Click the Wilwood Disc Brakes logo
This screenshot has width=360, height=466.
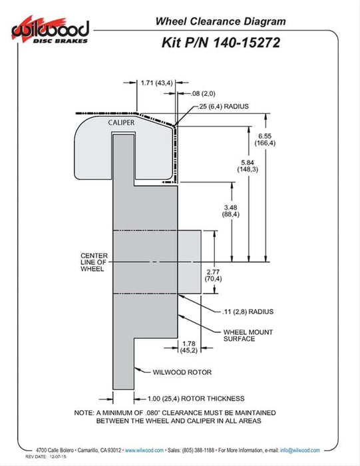[51, 31]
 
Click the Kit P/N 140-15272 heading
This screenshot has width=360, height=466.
[221, 43]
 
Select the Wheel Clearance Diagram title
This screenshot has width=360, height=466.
[221, 21]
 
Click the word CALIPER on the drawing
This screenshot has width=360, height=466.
[121, 122]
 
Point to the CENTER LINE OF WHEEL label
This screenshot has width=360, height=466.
[94, 262]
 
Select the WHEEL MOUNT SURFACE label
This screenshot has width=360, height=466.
[248, 336]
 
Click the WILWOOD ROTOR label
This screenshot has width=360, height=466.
[182, 372]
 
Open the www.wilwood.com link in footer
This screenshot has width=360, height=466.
[144, 450]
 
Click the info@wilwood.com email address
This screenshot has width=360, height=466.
[300, 450]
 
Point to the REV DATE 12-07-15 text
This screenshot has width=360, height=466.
[46, 457]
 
